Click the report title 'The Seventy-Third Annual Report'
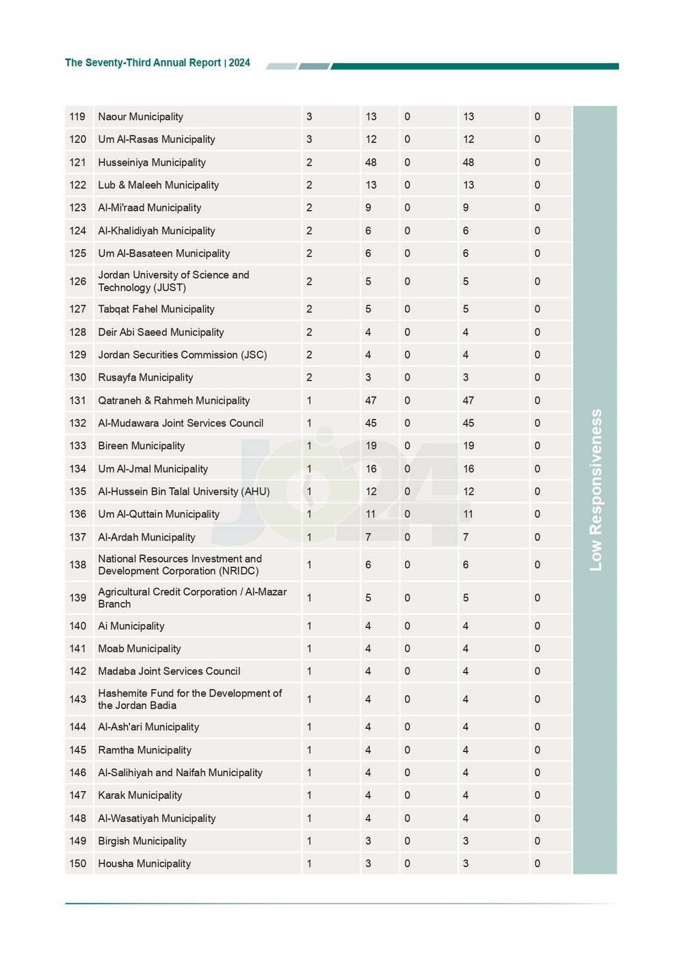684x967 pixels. (x=142, y=63)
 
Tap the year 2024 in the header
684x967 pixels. (x=239, y=63)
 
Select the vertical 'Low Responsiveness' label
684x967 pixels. (x=596, y=490)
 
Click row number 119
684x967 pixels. (x=77, y=117)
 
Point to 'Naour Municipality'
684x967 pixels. (x=140, y=117)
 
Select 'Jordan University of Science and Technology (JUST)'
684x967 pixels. (x=173, y=281)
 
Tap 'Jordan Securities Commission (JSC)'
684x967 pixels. (x=182, y=355)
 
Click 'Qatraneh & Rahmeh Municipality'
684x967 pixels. (x=174, y=401)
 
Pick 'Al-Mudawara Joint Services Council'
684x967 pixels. (x=181, y=424)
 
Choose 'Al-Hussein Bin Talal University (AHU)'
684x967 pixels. (x=183, y=492)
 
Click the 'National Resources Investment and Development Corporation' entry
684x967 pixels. (x=179, y=565)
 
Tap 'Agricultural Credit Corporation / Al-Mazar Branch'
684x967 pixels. (x=192, y=598)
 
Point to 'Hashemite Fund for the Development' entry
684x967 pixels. (x=189, y=699)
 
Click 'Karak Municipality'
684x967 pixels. (x=140, y=795)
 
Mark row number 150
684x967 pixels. (x=77, y=864)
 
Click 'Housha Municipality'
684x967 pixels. (x=144, y=864)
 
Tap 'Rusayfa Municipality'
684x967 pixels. (x=145, y=378)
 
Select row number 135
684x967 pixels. (x=77, y=492)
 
